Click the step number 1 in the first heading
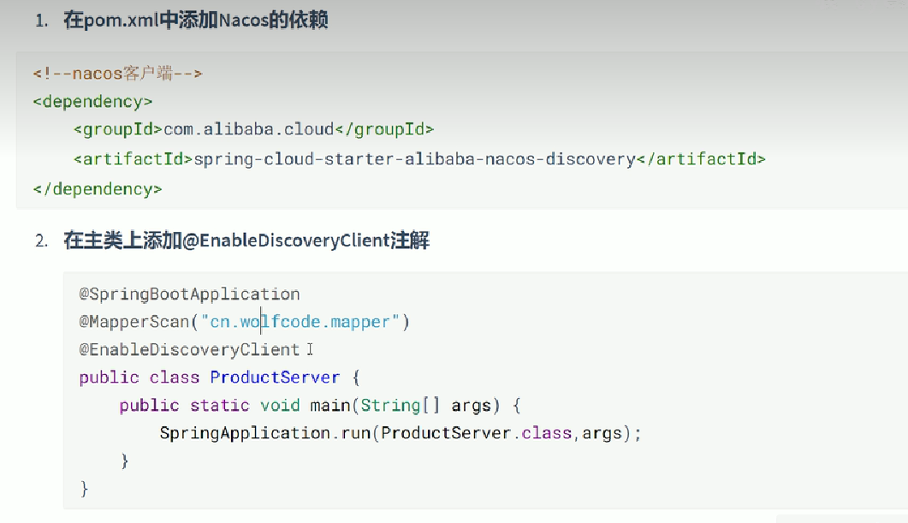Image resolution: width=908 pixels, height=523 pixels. [x=39, y=21]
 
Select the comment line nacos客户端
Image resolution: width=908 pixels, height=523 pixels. [x=117, y=74]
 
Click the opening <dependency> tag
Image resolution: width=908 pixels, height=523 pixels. [x=92, y=102]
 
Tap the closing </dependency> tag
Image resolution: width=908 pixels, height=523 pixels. [x=97, y=188]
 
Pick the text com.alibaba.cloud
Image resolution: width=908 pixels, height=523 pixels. [x=248, y=130]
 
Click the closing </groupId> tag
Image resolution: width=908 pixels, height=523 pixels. [x=384, y=130]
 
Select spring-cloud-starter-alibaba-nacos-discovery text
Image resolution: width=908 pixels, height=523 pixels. [x=415, y=159]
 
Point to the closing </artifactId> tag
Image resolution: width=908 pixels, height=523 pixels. [x=701, y=159]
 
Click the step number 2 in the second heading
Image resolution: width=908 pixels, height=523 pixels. [x=40, y=241]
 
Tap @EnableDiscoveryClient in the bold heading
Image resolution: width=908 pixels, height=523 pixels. [x=287, y=241]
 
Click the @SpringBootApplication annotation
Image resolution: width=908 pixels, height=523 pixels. [x=189, y=294]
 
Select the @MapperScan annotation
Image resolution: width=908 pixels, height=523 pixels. [x=134, y=323]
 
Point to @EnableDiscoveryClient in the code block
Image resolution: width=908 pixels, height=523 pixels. [x=189, y=350]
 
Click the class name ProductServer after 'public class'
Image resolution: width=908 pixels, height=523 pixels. [x=275, y=377]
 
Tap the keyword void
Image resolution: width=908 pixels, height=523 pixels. [x=280, y=406]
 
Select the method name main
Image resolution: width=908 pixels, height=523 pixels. [x=330, y=406]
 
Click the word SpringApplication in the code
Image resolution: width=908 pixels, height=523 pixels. [x=245, y=433]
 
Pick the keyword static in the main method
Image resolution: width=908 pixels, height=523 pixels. [x=220, y=406]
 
